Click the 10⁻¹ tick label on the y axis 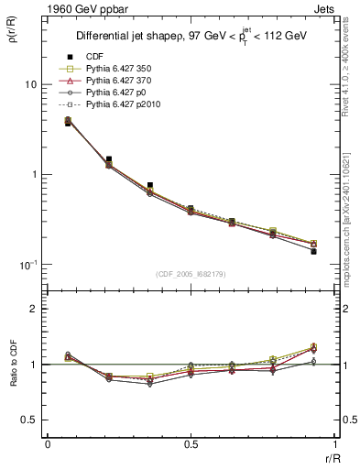point(27,265)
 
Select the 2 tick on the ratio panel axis point(34,309)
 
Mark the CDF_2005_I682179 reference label point(191,274)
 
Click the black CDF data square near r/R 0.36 point(150,185)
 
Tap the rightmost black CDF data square point(313,251)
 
